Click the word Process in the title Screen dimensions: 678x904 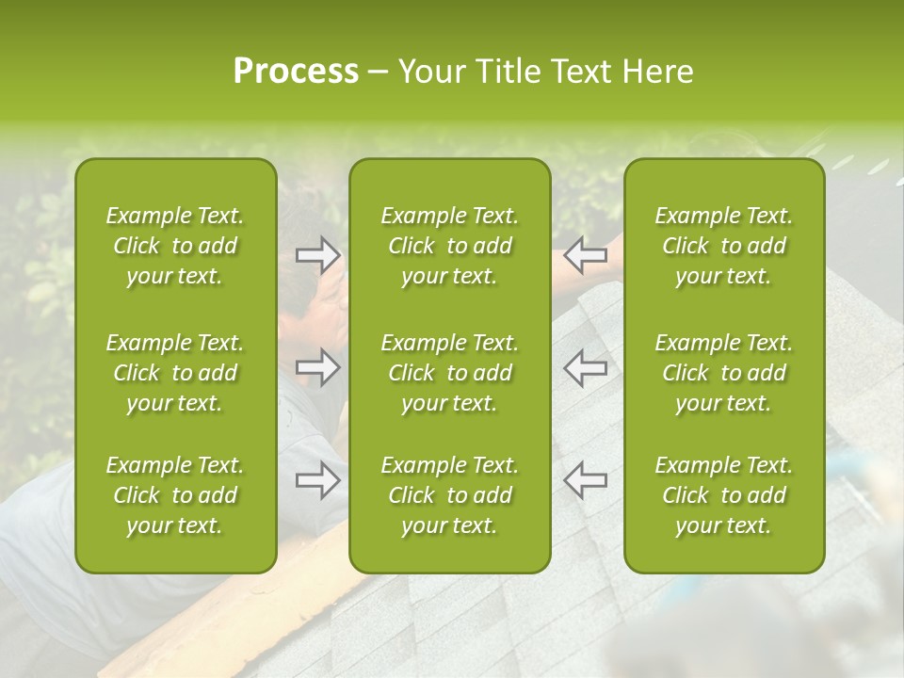coord(296,72)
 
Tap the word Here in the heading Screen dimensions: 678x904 coord(657,72)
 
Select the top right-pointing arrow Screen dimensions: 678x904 coord(318,254)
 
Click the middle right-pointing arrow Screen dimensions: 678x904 coord(318,367)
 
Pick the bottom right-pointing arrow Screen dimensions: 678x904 coord(318,480)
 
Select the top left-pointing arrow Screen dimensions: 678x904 coord(585,254)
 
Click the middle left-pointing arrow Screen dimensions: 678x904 coord(585,367)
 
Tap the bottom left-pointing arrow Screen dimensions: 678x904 coord(585,480)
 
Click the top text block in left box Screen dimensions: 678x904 coord(175,246)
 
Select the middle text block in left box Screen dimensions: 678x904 coord(175,373)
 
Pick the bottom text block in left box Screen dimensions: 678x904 coord(175,495)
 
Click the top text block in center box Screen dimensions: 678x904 coord(449,246)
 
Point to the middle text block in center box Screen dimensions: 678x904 coord(449,373)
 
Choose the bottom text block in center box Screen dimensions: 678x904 coord(449,495)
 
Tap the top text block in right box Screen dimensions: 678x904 coord(723,246)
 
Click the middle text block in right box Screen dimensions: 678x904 coord(723,373)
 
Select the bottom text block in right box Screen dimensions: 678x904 coord(723,495)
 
